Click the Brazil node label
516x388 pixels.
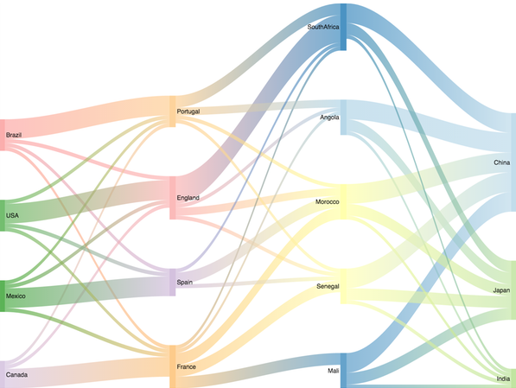(14, 135)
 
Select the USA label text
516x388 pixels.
(12, 215)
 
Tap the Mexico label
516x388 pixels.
(16, 296)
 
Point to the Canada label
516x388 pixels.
(16, 374)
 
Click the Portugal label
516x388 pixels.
(188, 111)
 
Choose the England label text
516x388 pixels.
(188, 197)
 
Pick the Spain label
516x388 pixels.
(184, 282)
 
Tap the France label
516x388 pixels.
(186, 366)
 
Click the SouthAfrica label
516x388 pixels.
(323, 27)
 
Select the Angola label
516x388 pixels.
(329, 118)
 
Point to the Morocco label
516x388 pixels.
(327, 201)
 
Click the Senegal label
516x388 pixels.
(328, 286)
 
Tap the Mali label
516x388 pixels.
(334, 371)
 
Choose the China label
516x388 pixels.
(502, 162)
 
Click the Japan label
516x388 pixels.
(501, 290)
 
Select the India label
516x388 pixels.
(503, 378)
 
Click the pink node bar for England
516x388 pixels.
(173, 198)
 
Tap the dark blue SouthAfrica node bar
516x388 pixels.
(343, 27)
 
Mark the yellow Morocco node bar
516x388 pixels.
(343, 201)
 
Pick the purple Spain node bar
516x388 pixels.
(173, 283)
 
